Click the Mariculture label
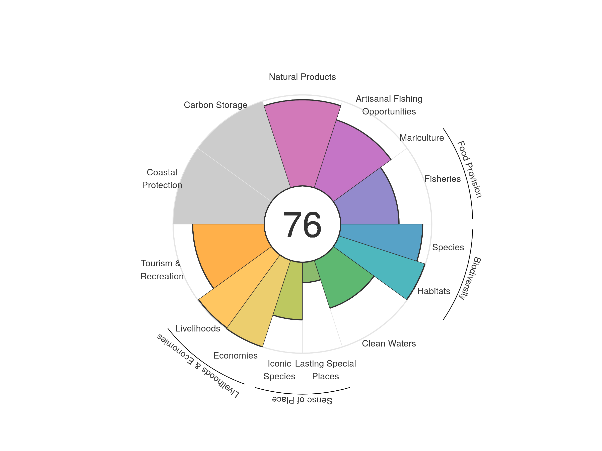pyautogui.click(x=422, y=138)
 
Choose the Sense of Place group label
pyautogui.click(x=302, y=400)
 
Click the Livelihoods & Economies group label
pyautogui.click(x=198, y=366)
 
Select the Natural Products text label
pyautogui.click(x=302, y=77)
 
